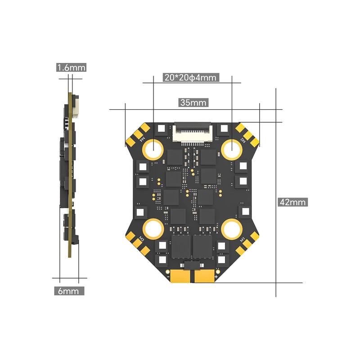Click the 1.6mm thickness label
pos(71,67)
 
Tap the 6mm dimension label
pos(69,291)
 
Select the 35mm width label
pos(193,102)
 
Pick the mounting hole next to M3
pos(153,229)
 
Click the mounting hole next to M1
pos(232,229)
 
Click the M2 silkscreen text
pos(243,139)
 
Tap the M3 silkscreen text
pos(141,238)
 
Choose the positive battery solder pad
pos(205,276)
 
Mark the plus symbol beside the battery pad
pos(217,277)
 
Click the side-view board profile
pos(69,175)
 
